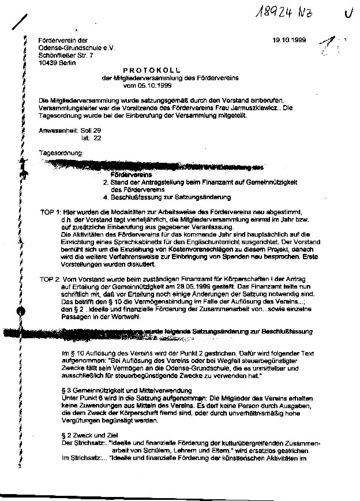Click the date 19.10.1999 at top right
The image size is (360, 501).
pyautogui.click(x=288, y=40)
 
